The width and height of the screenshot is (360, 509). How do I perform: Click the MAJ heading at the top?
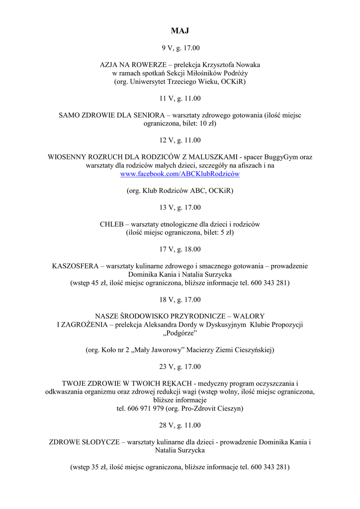(180, 31)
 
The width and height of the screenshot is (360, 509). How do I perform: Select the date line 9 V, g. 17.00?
(180, 48)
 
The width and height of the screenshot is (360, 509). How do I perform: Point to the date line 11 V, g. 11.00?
(180, 98)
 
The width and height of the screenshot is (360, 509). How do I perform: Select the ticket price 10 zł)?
(204, 123)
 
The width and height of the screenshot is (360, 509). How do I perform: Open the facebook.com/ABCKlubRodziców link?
(180, 174)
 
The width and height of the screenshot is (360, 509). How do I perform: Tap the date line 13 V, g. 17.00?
(180, 207)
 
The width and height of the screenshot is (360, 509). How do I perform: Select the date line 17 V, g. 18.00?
(180, 249)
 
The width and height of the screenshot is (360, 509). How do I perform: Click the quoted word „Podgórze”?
(180, 333)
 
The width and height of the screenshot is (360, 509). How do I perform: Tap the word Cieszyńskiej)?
(253, 350)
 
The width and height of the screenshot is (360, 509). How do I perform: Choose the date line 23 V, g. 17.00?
(180, 367)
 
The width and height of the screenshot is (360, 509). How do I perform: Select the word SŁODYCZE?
(97, 442)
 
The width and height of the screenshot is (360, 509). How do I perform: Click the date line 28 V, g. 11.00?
(180, 425)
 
